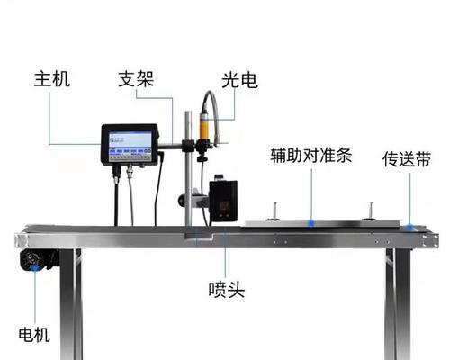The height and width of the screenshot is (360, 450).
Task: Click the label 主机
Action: point(52,79)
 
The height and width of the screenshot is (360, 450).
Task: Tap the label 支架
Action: point(136,79)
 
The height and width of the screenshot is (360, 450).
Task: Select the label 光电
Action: point(239,80)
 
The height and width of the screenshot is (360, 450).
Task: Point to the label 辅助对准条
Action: point(311,155)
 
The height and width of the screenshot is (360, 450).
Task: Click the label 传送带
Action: point(407,159)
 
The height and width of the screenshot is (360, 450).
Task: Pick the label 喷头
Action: point(227,290)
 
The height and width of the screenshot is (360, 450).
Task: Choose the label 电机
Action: point(34,335)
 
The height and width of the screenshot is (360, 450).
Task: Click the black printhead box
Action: point(223,201)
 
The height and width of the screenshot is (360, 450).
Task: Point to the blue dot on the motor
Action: point(35,267)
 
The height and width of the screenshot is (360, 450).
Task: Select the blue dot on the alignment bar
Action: point(311,223)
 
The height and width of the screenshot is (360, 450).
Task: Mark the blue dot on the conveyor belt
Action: point(409,227)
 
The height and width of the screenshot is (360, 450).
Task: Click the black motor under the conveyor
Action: point(40,260)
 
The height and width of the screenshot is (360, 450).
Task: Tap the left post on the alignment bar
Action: point(274,211)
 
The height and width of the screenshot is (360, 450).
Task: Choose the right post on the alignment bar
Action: point(370,211)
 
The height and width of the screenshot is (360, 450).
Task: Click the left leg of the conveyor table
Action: point(71,304)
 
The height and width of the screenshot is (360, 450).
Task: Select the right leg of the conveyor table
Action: point(398,304)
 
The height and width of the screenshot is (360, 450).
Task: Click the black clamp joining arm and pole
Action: point(189,146)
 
